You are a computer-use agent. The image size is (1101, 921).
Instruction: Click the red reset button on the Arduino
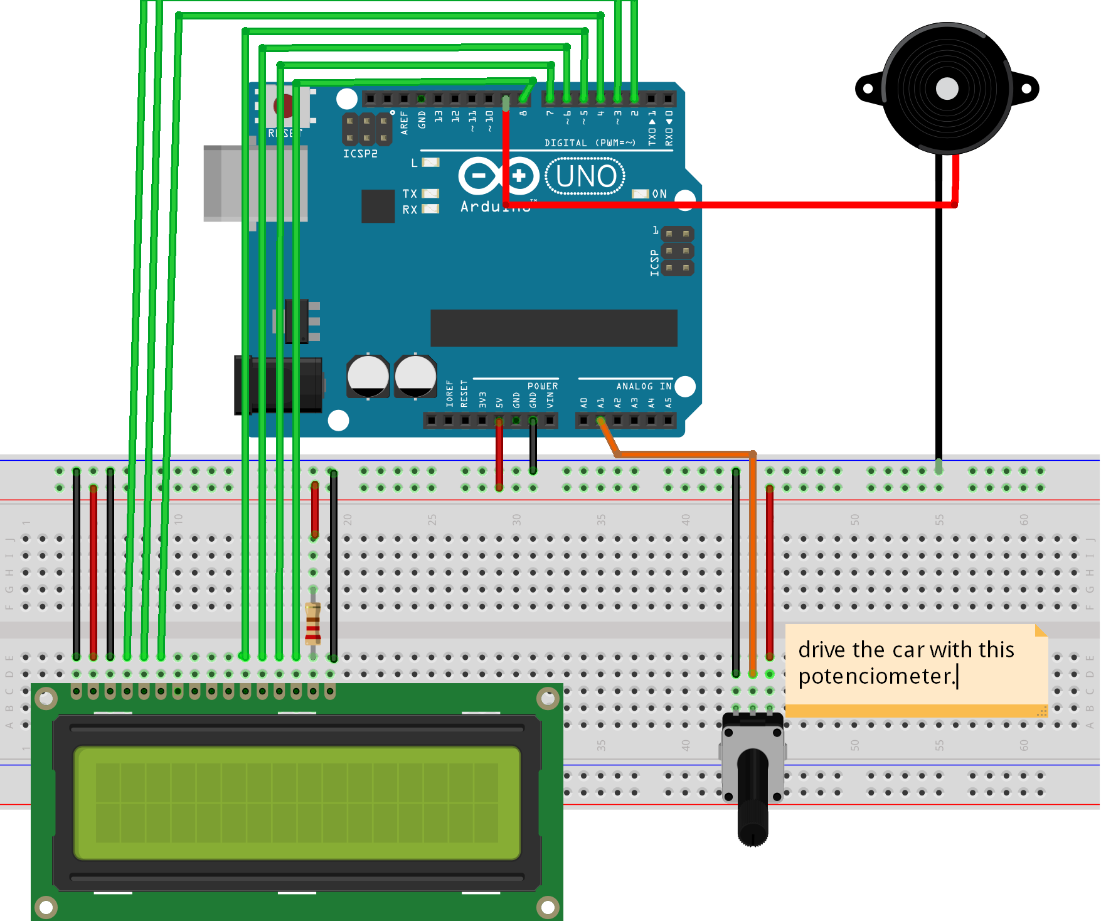coord(284,106)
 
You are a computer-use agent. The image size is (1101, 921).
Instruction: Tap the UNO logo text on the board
coord(585,176)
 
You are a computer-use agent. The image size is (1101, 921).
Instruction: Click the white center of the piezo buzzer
coord(947,89)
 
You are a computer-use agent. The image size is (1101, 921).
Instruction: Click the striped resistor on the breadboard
coord(313,623)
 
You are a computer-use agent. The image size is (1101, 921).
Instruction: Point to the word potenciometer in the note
coord(876,676)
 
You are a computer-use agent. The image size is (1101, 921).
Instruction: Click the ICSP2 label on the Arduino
coord(360,154)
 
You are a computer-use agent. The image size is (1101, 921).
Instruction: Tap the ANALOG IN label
coord(643,386)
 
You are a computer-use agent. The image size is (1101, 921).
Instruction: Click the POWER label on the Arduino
coord(542,386)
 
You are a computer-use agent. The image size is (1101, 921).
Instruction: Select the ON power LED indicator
coord(641,194)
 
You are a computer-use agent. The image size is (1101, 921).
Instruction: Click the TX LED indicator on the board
coord(430,193)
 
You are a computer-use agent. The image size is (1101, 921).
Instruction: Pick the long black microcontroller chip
coord(553,328)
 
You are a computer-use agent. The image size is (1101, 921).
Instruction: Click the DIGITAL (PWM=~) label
coord(590,143)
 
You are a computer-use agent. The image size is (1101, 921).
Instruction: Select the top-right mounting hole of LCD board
coord(548,698)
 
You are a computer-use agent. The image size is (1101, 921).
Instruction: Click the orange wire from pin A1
coord(684,453)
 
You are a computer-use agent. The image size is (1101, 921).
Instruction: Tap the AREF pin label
coord(404,122)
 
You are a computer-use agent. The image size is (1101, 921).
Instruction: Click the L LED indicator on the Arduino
coord(430,163)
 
